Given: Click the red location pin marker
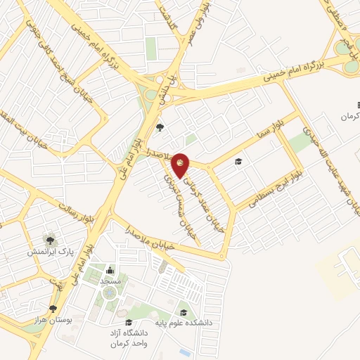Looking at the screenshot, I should [181, 164].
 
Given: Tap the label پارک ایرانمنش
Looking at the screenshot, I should [50, 251].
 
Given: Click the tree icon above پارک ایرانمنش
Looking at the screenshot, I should [50, 240].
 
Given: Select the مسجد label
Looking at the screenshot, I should [110, 281].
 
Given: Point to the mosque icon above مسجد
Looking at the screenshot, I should [110, 271].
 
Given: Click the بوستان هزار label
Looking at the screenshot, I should [53, 320].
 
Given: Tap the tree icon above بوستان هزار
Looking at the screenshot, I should [53, 309].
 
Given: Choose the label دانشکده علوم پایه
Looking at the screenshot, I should [184, 323].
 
